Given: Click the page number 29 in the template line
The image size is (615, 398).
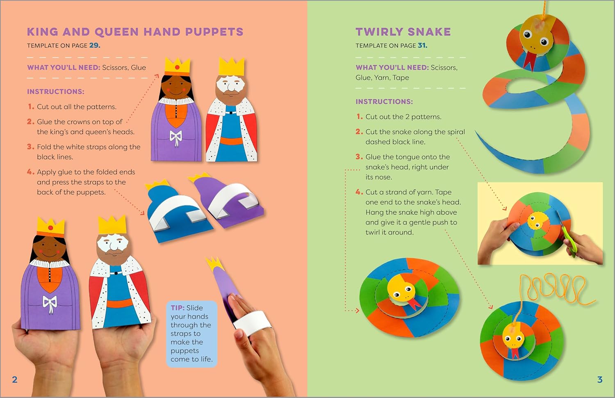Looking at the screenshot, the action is (x=94, y=46).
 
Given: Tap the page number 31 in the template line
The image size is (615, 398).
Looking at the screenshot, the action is (x=422, y=46).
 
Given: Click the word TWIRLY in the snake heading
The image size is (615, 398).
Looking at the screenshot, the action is (x=379, y=32).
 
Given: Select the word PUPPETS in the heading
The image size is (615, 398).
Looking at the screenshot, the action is (x=214, y=32).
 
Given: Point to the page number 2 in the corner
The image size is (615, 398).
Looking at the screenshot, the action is (x=14, y=380).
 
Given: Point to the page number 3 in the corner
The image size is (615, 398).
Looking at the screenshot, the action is (x=600, y=380).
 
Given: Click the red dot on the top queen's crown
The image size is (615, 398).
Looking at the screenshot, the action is (x=178, y=67).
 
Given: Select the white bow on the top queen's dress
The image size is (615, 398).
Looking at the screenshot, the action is (x=175, y=137).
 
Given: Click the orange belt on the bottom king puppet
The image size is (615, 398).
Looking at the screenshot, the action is (x=120, y=303).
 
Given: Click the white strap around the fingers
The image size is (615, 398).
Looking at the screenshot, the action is (x=252, y=323).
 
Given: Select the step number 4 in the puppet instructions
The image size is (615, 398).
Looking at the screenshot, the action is (x=30, y=172).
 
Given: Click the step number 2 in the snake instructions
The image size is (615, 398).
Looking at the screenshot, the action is (x=359, y=132).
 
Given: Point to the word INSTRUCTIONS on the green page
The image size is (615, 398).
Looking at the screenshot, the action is (x=384, y=102).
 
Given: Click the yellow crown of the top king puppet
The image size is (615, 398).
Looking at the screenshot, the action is (x=232, y=67).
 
